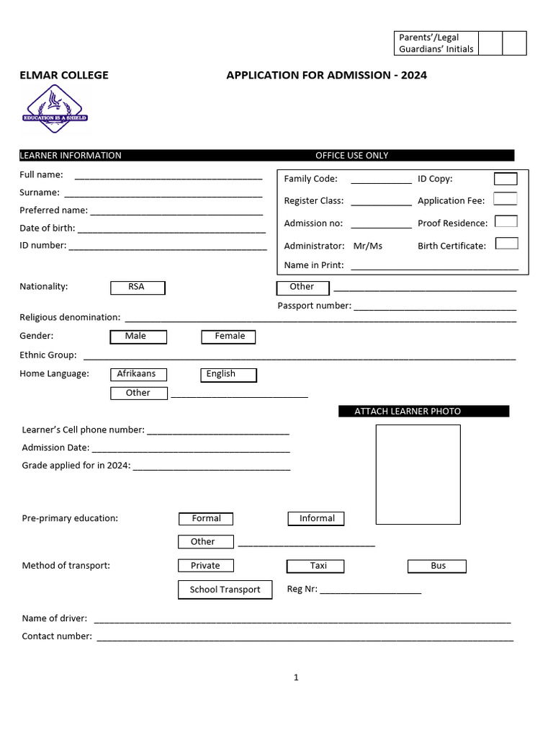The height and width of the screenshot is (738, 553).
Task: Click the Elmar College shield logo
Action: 55,109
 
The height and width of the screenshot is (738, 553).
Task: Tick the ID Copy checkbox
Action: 505,179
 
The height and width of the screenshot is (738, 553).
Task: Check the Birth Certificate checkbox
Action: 507,244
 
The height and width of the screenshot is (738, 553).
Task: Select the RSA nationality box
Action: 138,288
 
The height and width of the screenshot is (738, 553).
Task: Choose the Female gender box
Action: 228,337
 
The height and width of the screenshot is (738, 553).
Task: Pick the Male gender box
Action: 138,337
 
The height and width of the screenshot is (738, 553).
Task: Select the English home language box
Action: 228,375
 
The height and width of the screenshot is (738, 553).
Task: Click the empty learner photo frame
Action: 418,474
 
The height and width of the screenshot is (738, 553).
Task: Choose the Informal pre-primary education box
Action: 316,519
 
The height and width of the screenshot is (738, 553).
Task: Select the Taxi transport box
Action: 315,566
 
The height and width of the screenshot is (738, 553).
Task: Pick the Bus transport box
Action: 437,566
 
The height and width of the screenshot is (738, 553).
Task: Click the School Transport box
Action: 225,590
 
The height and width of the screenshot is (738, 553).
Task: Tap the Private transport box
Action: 206,566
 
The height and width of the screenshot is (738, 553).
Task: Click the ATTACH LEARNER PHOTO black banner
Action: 423,412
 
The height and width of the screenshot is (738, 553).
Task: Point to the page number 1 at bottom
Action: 296,677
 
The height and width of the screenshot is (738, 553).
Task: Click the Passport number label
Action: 314,306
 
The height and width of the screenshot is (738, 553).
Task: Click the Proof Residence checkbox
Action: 506,222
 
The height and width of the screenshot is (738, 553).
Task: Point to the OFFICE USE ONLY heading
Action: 351,156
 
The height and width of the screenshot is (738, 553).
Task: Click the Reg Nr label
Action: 302,589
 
